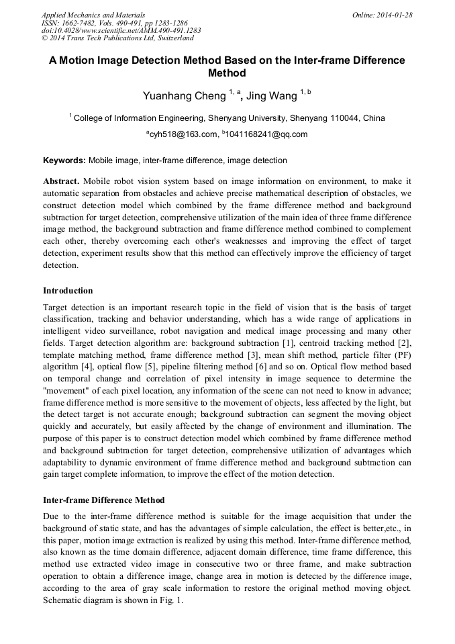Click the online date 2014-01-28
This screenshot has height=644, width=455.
[395, 14]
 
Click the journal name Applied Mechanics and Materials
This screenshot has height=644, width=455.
[93, 14]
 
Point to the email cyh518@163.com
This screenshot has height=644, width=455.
[183, 134]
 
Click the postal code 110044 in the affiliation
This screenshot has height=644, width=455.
[343, 118]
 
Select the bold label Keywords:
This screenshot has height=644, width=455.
[64, 160]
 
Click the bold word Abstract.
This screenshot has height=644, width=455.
[61, 181]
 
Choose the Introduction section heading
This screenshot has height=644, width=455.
[68, 291]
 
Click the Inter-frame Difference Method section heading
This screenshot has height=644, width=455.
[103, 500]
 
